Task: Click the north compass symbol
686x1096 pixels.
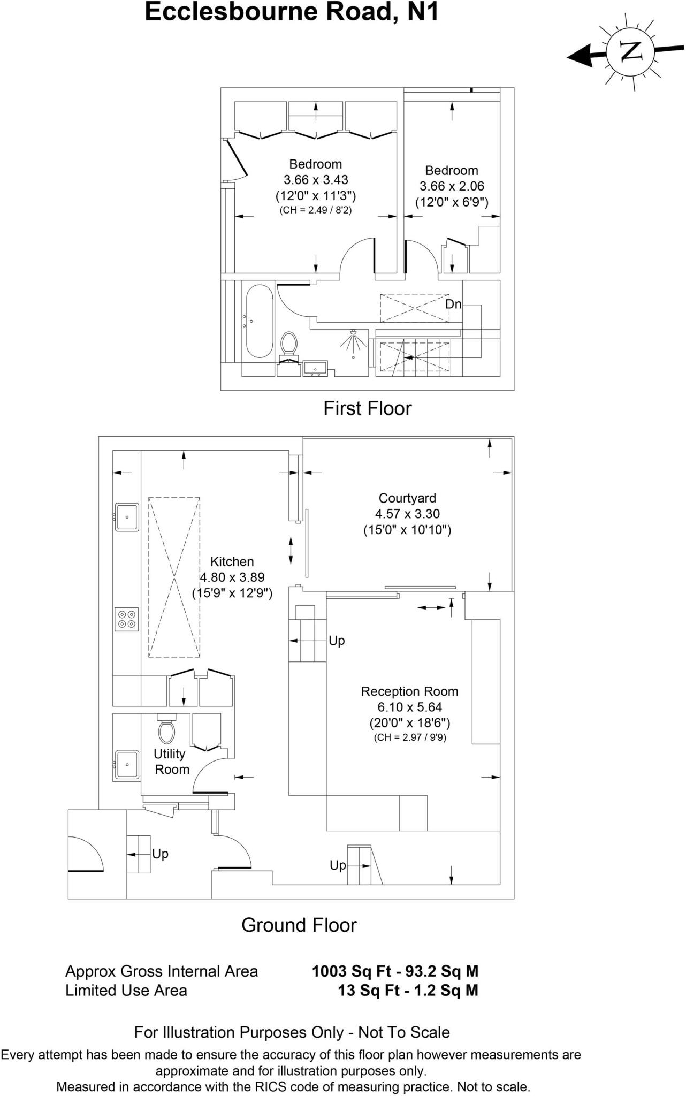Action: click(x=631, y=52)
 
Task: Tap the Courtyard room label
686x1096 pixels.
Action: click(x=407, y=498)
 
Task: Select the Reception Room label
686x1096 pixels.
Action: click(x=409, y=691)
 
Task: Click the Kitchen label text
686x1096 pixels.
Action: click(x=232, y=561)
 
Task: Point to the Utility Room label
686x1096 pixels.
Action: click(x=171, y=762)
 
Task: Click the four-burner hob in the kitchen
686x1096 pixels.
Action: click(x=127, y=619)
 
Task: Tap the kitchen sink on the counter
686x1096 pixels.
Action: click(x=127, y=517)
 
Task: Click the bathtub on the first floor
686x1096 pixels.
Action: click(x=260, y=322)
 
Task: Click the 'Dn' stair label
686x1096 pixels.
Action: click(x=453, y=304)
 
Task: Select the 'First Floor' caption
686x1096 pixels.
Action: click(x=367, y=408)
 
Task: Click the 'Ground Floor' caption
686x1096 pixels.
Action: click(x=299, y=925)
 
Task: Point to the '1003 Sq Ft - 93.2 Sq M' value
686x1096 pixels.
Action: click(x=395, y=971)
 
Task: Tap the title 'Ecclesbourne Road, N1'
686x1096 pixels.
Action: click(x=292, y=12)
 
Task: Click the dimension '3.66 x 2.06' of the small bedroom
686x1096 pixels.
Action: click(x=452, y=186)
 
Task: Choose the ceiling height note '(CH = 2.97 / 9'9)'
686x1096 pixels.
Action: click(x=409, y=737)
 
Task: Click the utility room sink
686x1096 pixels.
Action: click(x=127, y=764)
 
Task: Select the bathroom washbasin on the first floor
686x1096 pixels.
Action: click(x=315, y=369)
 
